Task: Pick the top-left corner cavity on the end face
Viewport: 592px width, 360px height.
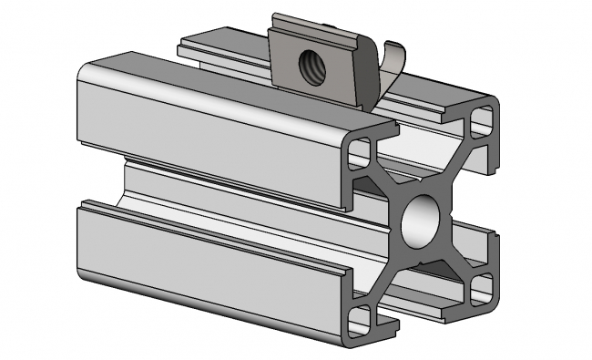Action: click(x=361, y=151)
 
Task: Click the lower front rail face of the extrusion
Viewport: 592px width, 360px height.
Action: click(x=209, y=260)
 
